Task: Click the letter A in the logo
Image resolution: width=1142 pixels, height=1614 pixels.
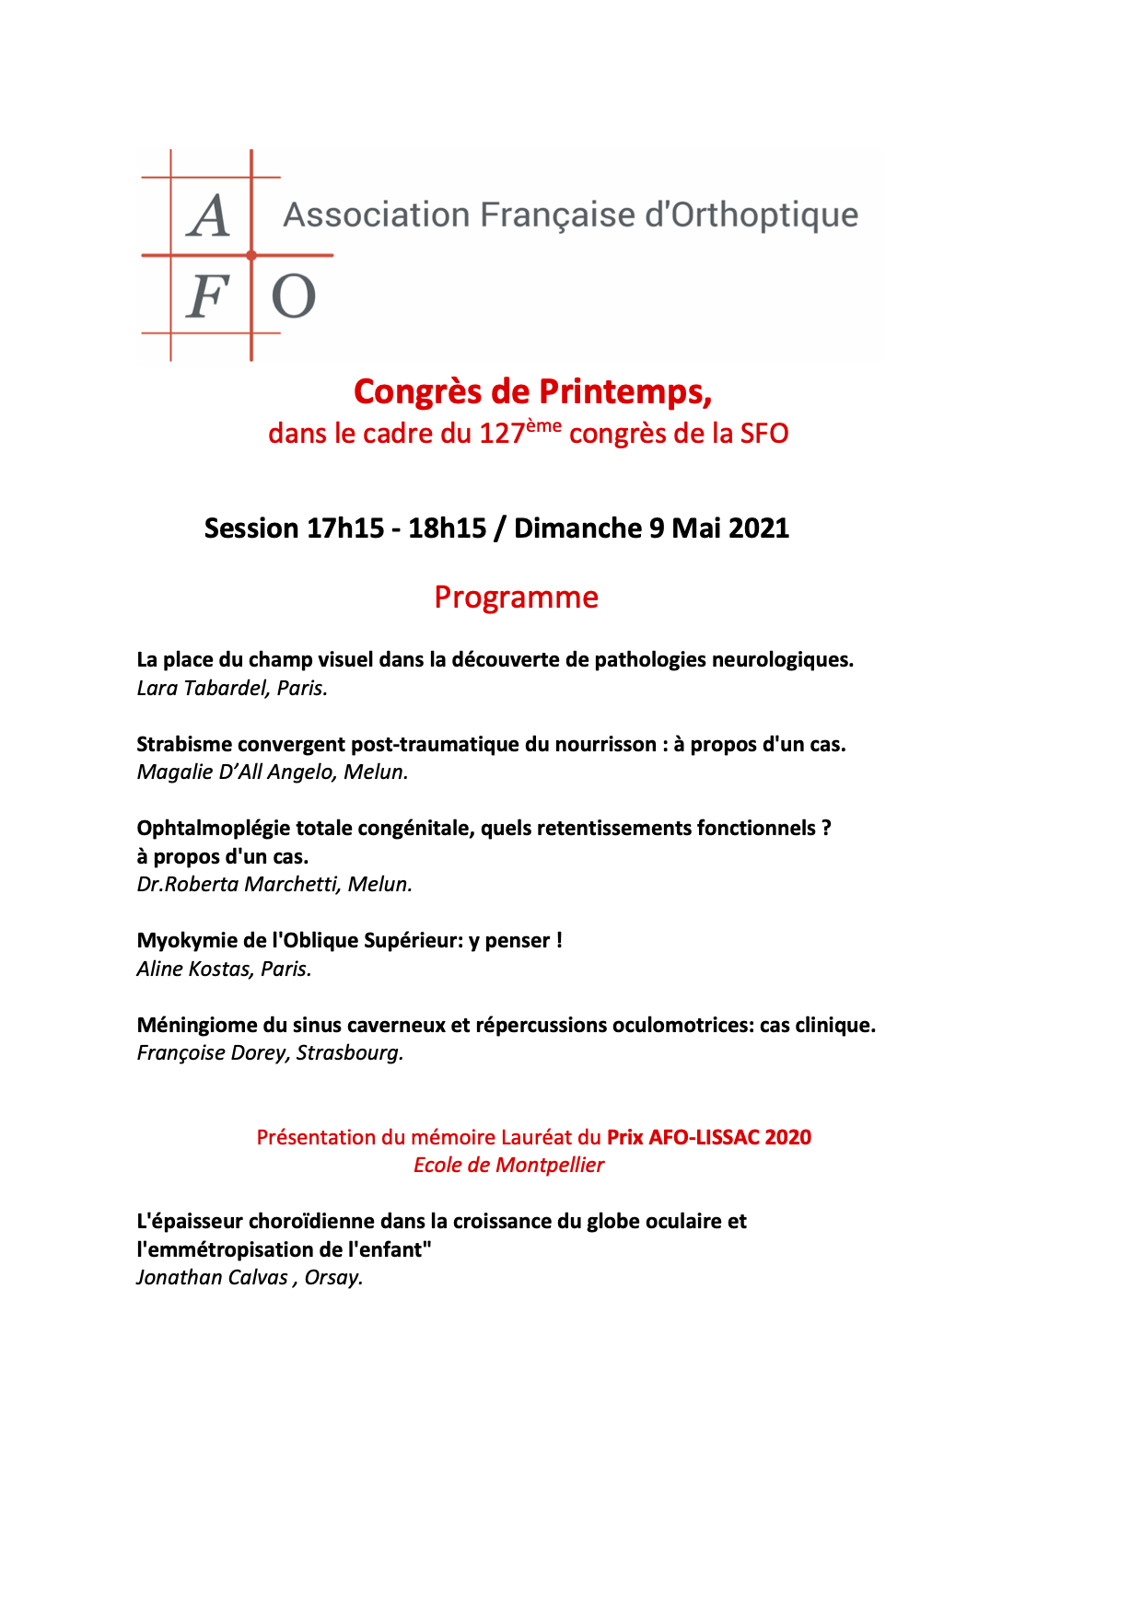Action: pyautogui.click(x=209, y=217)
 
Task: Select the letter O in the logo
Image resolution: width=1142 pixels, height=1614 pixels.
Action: pyautogui.click(x=294, y=296)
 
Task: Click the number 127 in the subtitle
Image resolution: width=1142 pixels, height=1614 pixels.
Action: pyautogui.click(x=501, y=434)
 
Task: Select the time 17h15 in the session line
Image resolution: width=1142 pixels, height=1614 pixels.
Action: pyautogui.click(x=345, y=528)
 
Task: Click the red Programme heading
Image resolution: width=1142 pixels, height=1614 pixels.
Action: pyautogui.click(x=516, y=598)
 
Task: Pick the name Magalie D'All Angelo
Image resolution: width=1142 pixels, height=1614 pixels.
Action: pyautogui.click(x=235, y=772)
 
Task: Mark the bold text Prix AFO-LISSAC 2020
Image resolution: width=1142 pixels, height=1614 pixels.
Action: pyautogui.click(x=709, y=1138)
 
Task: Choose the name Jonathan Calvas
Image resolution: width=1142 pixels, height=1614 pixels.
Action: pyautogui.click(x=212, y=1278)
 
